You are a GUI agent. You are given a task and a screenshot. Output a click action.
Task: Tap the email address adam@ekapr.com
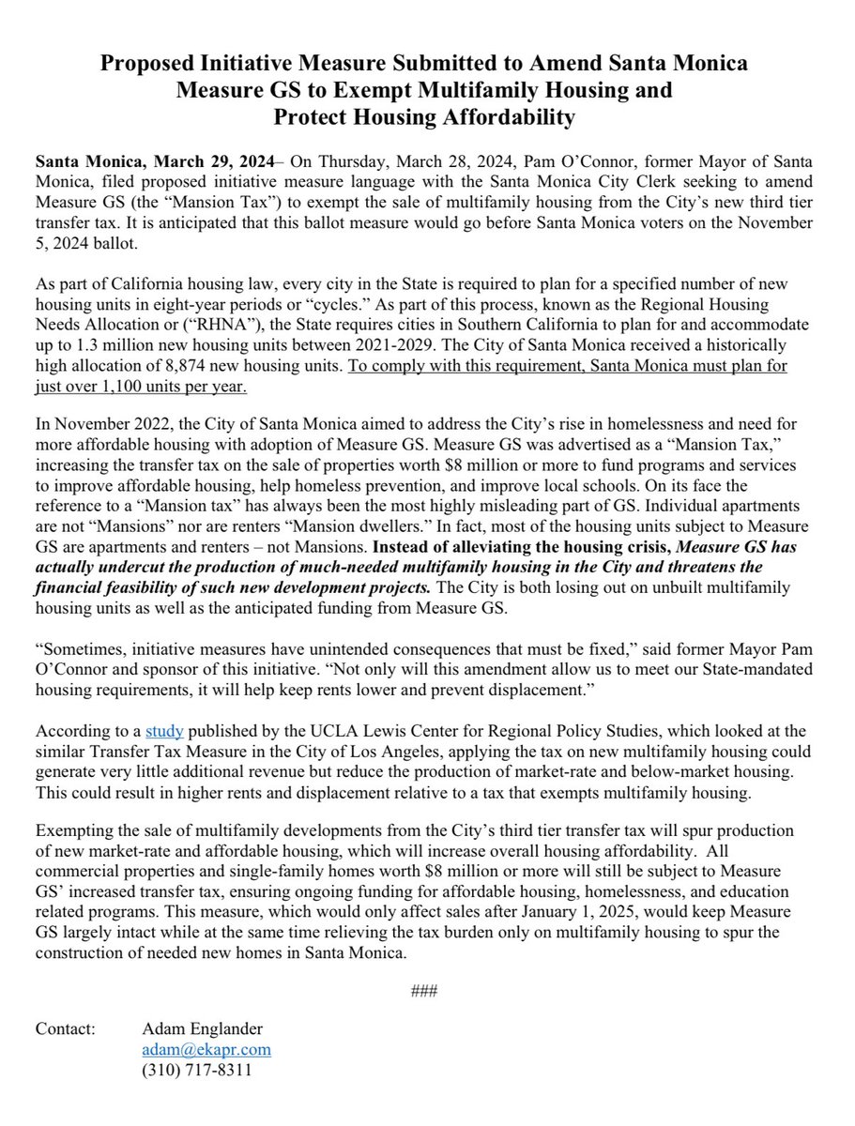pyautogui.click(x=206, y=1049)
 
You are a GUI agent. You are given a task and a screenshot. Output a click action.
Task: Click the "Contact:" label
pyautogui.click(x=66, y=1028)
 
